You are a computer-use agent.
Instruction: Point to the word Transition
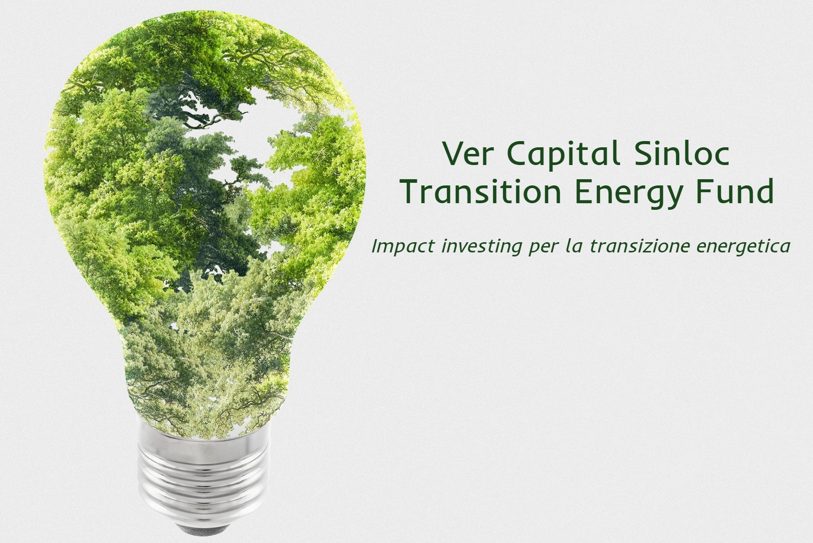(482, 191)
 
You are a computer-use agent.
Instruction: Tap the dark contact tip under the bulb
(202, 528)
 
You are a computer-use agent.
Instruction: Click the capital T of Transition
(413, 191)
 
